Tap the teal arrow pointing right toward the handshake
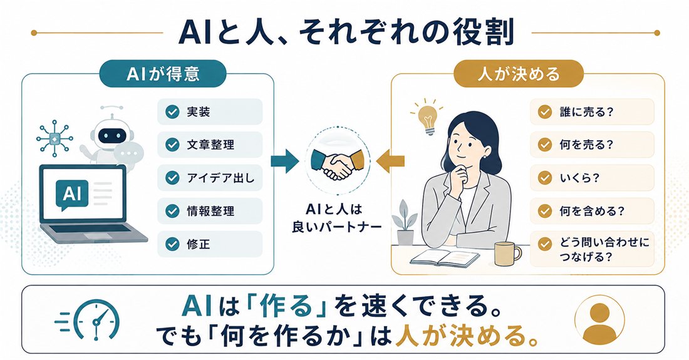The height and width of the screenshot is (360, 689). pos(284,161)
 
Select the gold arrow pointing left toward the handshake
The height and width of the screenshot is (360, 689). pos(390,161)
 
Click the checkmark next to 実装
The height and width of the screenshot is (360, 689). pos(172,112)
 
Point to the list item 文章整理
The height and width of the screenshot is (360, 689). pos(210,145)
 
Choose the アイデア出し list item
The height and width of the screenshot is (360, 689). pos(210,178)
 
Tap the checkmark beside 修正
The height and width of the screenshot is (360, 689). pos(172,244)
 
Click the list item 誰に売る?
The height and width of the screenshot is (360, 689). pos(592,112)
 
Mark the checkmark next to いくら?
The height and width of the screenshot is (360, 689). pos(545,178)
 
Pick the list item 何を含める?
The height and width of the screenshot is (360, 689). pos(592,211)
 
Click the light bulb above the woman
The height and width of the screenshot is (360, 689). pos(426,116)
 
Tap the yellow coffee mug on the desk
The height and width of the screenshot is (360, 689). pos(507,254)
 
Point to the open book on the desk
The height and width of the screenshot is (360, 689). pos(445,258)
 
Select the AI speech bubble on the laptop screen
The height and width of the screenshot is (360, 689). pos(72,194)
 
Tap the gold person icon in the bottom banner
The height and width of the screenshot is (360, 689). pos(600,320)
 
